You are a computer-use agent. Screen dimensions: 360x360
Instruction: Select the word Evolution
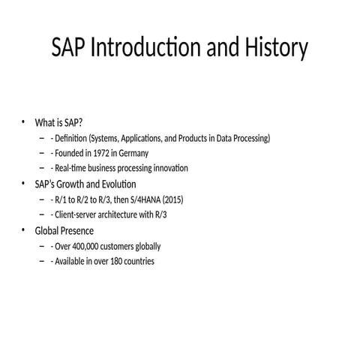click(117, 184)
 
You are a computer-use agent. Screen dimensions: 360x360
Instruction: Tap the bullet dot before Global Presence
click(23, 230)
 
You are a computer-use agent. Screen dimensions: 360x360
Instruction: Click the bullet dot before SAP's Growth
click(23, 184)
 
